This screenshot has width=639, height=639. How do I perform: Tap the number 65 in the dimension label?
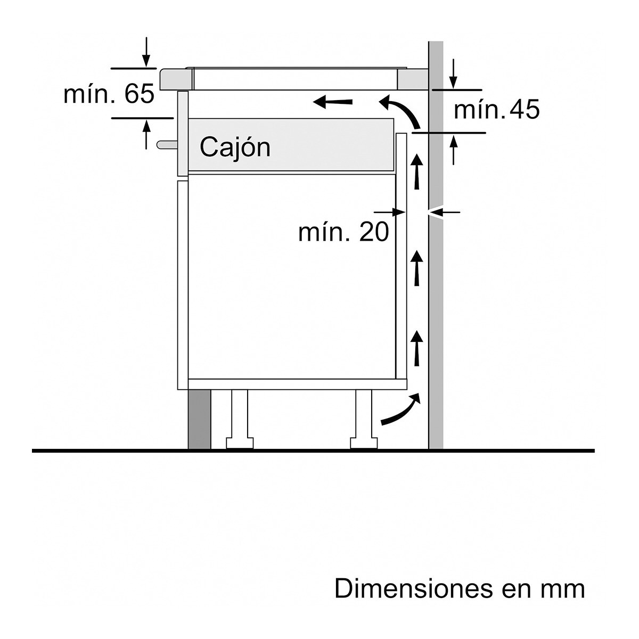pos(140,94)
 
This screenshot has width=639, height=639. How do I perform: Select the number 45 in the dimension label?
pos(524,110)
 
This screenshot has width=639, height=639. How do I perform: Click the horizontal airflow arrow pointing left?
pos(332,101)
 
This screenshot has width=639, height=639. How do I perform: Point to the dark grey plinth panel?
pos(200,419)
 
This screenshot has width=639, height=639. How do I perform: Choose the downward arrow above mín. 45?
pos(453,75)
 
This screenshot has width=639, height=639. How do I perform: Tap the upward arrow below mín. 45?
pos(453,149)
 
